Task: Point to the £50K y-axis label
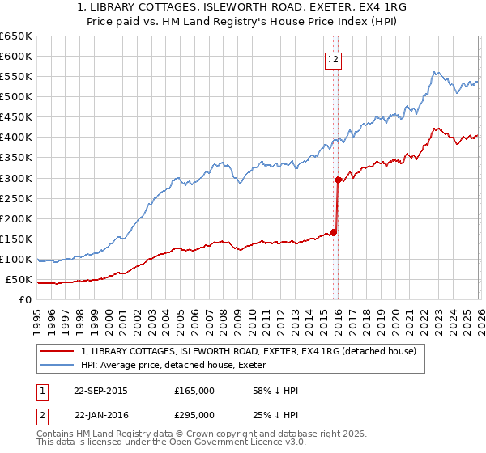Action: tap(19, 280)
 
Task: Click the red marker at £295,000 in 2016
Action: tap(338, 180)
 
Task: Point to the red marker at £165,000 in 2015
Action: tap(333, 232)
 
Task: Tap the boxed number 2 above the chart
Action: tap(335, 58)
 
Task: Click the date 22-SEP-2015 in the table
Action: tap(100, 391)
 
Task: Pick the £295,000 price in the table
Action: tap(194, 415)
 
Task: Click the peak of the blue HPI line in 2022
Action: tap(435, 72)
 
